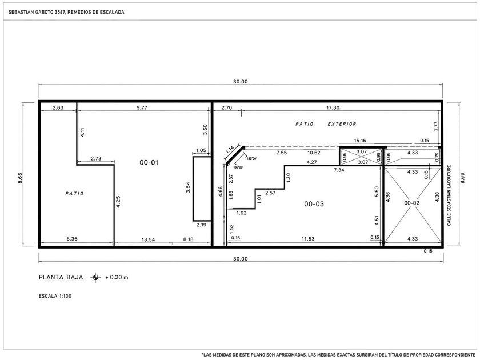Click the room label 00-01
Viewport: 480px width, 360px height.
pos(149,162)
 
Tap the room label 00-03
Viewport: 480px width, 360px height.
pos(314,204)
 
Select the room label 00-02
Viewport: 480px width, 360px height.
pos(412,203)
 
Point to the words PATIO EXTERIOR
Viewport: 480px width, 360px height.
pos(326,124)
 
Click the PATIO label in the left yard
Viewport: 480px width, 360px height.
pos(74,194)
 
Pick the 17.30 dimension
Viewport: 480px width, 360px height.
pos(333,107)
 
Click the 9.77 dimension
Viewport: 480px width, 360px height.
pos(142,107)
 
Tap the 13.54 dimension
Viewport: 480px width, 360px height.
pos(148,239)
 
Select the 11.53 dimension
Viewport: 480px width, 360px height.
pos(308,239)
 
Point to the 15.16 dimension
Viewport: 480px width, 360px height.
pos(360,141)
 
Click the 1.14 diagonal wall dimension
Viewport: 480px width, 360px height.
pos(230,150)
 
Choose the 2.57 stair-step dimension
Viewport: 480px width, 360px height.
pos(270,193)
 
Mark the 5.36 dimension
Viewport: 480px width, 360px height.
pos(72,239)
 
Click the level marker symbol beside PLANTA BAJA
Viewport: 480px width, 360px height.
pos(95,277)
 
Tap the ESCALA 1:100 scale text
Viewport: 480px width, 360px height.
pos(55,296)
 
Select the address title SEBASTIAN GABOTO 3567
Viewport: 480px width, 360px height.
pos(37,12)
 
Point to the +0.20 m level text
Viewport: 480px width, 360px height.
pos(117,278)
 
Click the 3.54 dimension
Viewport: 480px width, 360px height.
pos(188,187)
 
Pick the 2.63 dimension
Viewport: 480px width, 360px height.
pos(58,107)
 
